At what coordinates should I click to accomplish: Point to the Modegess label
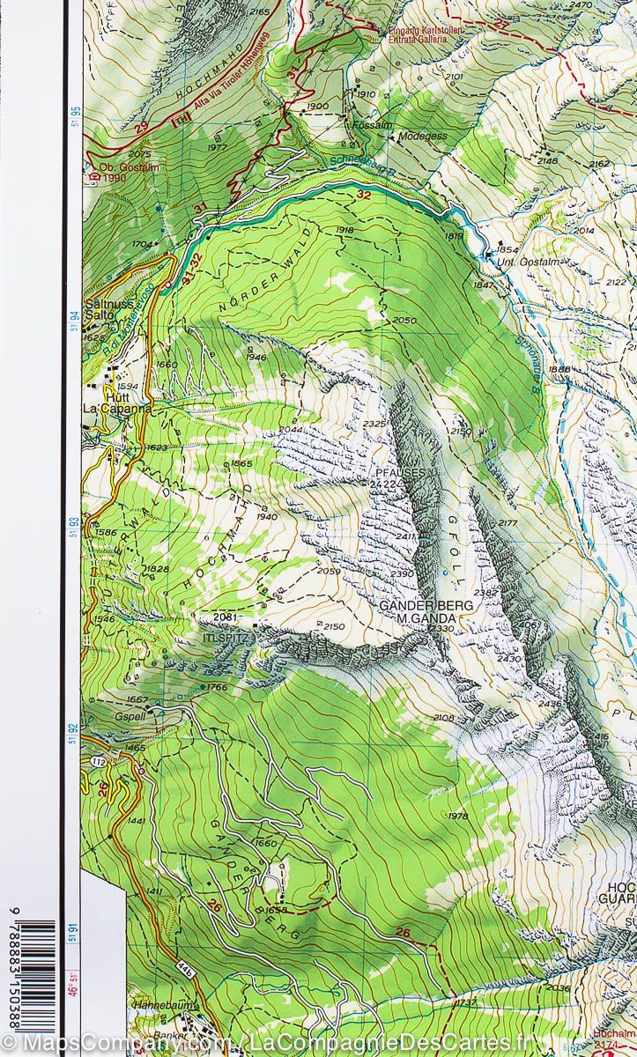[x=424, y=137]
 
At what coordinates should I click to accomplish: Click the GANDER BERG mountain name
[x=426, y=606]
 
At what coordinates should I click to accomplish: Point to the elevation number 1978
[x=458, y=817]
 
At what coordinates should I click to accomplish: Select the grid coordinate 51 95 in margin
[x=75, y=119]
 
